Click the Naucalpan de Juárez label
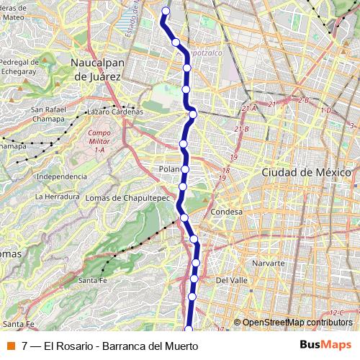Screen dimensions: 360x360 [x=98, y=68]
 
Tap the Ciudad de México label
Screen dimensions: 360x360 [x=306, y=173]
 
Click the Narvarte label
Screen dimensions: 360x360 [x=269, y=264]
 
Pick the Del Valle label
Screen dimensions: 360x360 [x=232, y=281]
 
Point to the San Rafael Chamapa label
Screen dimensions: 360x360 [x=49, y=113]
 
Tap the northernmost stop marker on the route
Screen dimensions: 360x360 [x=166, y=11]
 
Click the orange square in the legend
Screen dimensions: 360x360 [x=12, y=346]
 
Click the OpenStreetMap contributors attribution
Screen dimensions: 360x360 [x=297, y=323]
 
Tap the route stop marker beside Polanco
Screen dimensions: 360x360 [x=185, y=169]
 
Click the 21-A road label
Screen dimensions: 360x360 [x=249, y=109]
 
